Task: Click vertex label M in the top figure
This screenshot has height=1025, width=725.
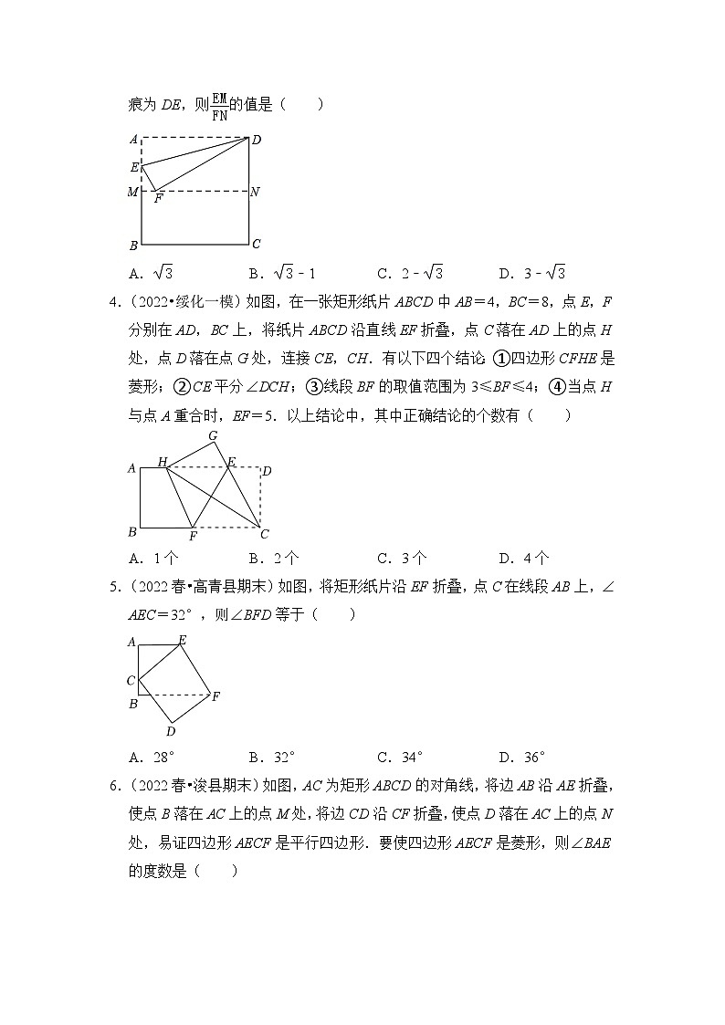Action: (x=133, y=192)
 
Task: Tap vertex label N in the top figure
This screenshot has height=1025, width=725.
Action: (x=255, y=193)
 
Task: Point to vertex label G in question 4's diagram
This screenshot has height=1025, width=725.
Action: (x=213, y=436)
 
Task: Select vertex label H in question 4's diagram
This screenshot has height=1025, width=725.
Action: (x=163, y=463)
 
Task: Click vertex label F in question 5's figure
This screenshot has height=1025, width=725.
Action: (x=215, y=697)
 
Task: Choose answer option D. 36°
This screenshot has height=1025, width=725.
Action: (x=522, y=757)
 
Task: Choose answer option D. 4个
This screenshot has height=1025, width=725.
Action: (x=523, y=559)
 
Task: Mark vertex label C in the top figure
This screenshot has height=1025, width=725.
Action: (x=257, y=244)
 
